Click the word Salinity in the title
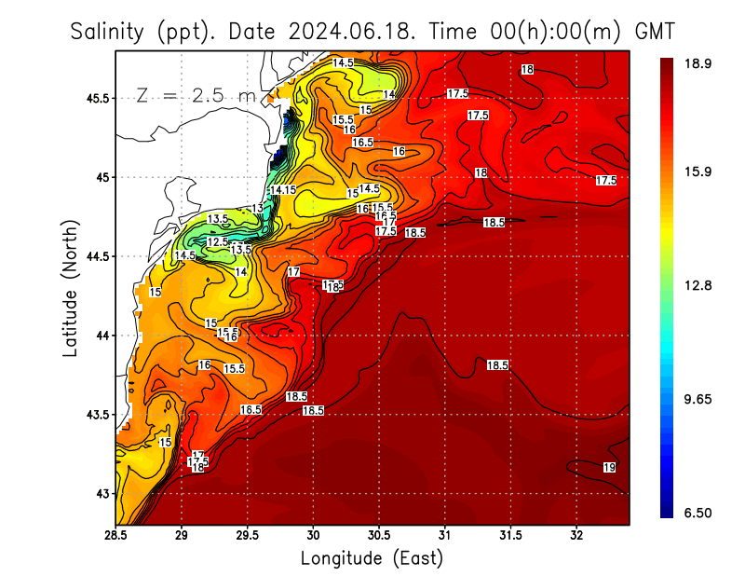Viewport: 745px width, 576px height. (107, 32)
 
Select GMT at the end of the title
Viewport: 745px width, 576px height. (654, 32)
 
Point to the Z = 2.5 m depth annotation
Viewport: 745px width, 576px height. (196, 96)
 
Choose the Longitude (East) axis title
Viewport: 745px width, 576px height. (372, 558)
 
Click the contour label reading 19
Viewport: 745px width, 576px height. (609, 468)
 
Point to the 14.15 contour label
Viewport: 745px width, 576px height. (283, 190)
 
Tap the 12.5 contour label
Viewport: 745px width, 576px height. (217, 242)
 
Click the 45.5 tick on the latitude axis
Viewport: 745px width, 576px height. (96, 98)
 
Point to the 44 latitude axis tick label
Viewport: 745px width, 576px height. (101, 336)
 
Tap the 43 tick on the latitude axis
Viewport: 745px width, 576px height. (101, 493)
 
